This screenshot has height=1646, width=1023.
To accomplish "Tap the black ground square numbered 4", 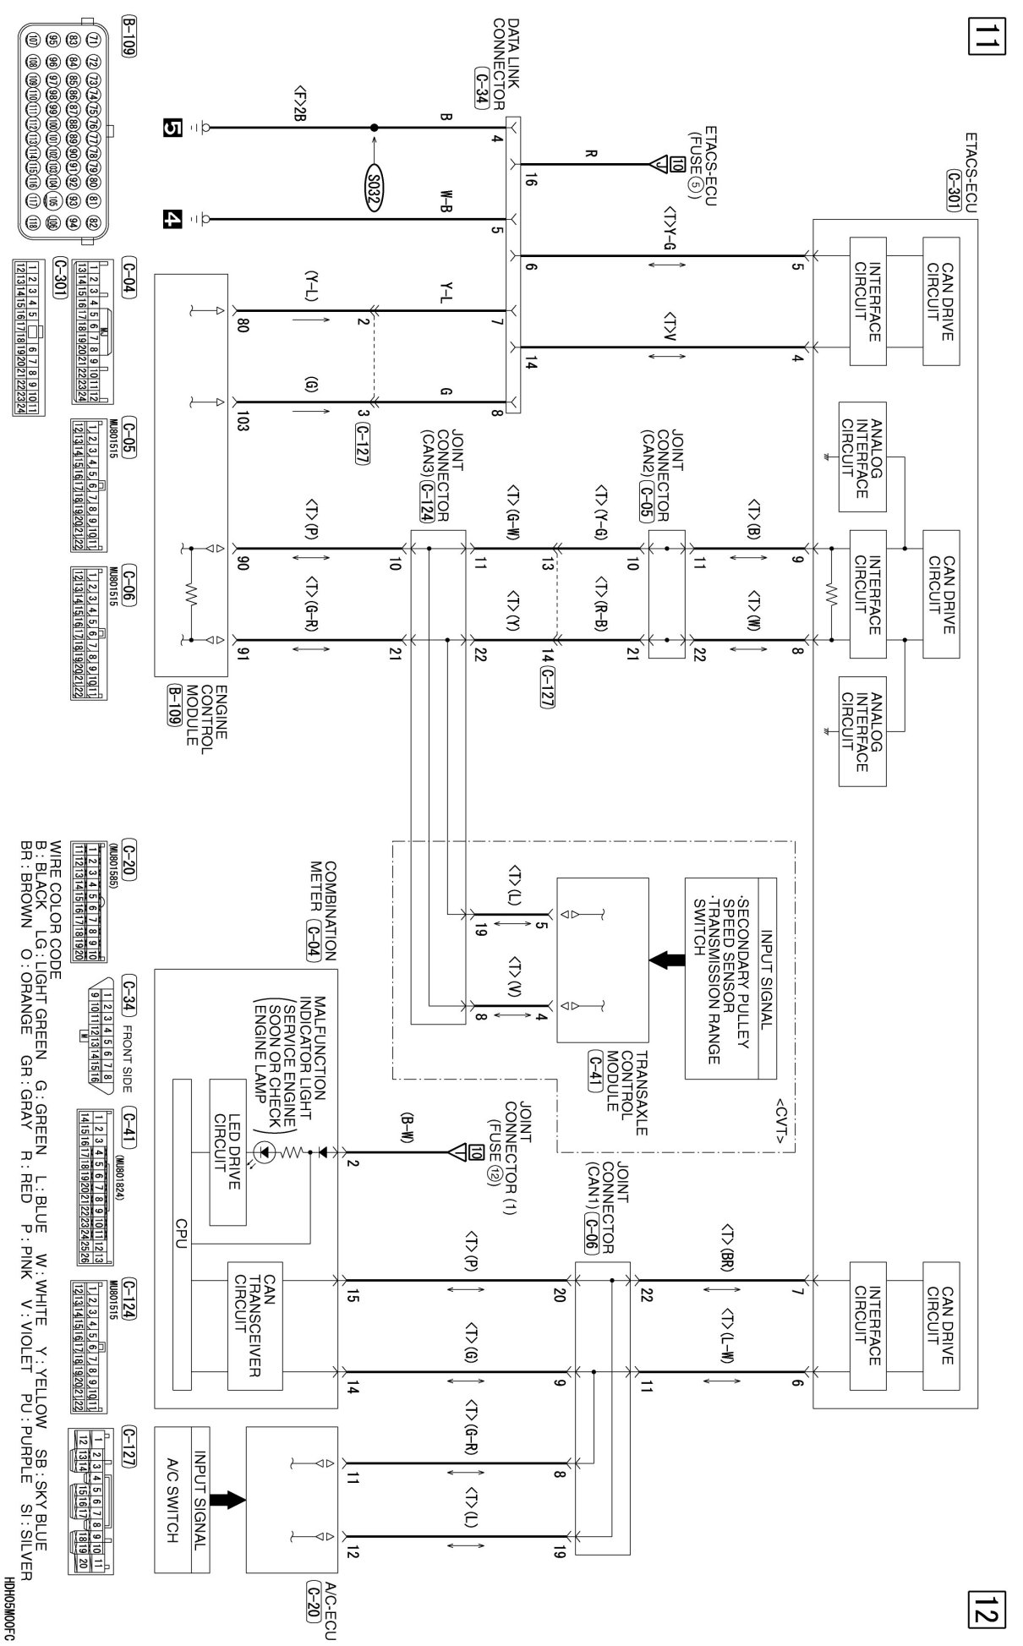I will point(172,220).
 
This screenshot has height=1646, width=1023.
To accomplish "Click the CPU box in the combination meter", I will point(182,1235).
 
